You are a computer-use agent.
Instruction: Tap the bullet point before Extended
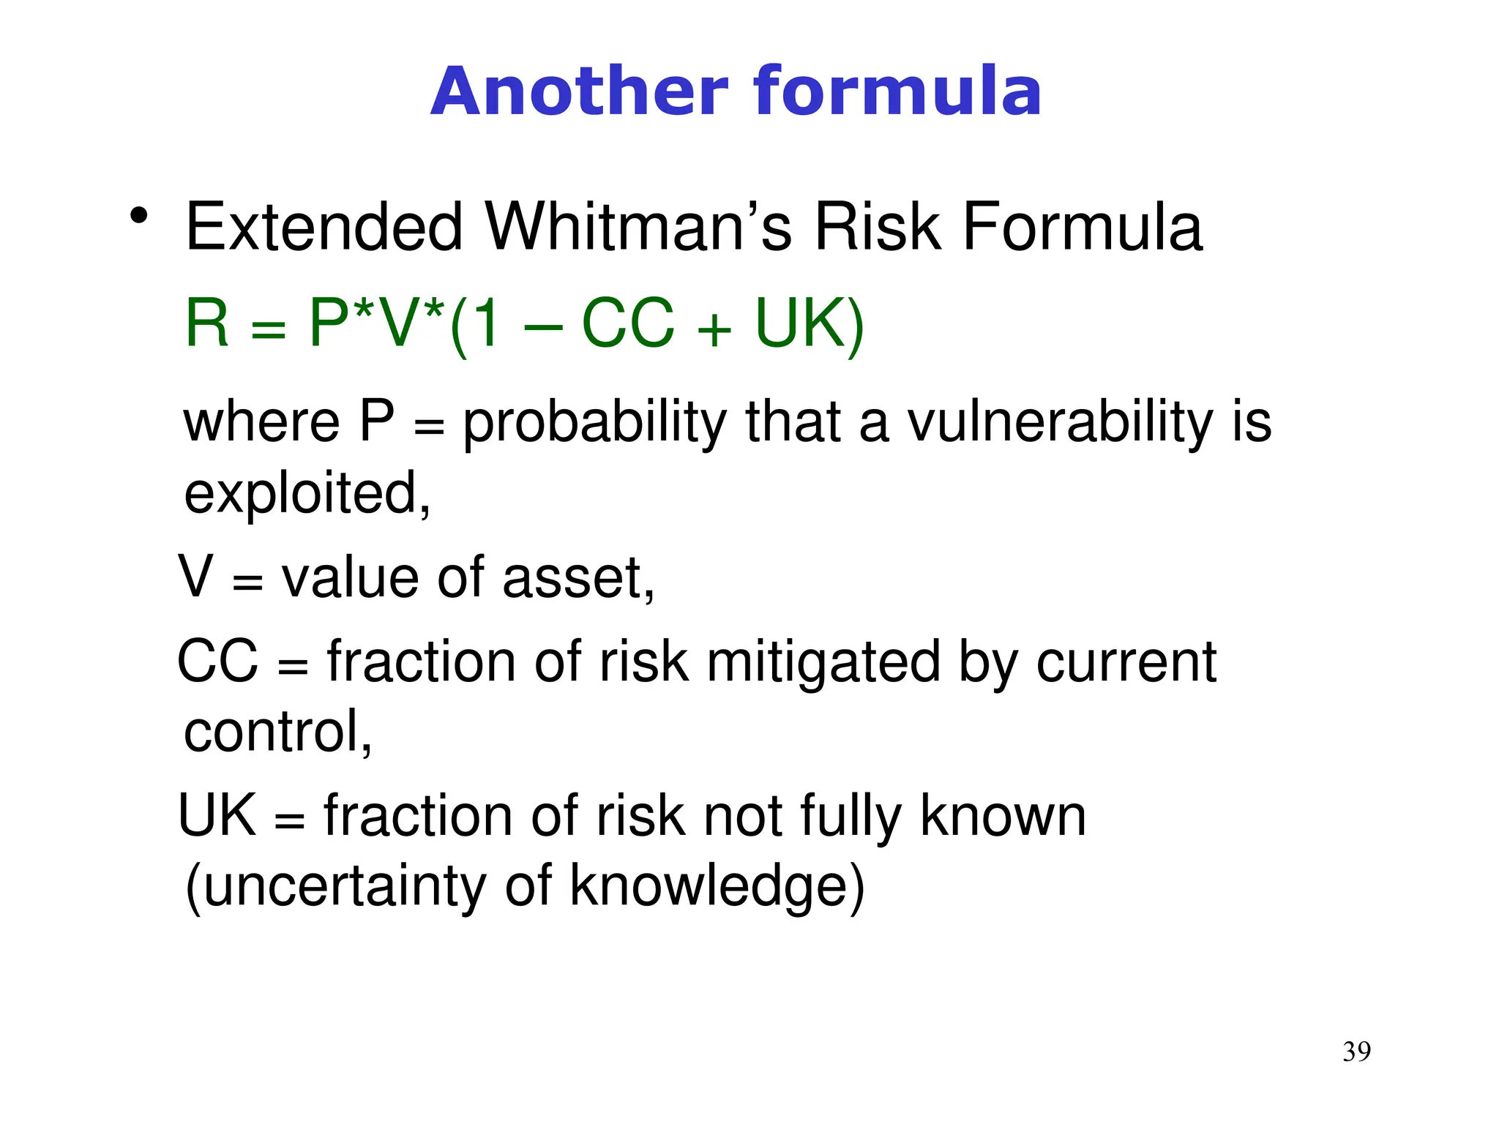click(x=138, y=217)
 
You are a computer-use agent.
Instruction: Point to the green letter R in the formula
click(x=207, y=323)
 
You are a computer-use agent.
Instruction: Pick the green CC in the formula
click(x=627, y=323)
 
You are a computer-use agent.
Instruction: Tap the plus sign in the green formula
click(x=714, y=329)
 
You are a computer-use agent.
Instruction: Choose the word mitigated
click(x=823, y=663)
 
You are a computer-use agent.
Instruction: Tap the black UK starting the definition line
click(x=217, y=815)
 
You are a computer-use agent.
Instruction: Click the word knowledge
click(x=708, y=886)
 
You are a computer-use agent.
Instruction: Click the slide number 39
click(x=1356, y=1052)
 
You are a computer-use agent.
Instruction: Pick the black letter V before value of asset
click(x=196, y=577)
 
